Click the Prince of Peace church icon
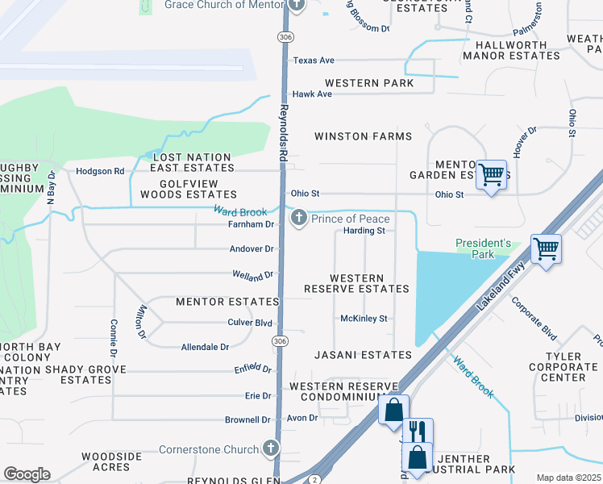[299, 219]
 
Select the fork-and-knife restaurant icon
[417, 431]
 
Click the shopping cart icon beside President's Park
[546, 248]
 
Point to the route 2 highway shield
[313, 480]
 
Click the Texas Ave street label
[314, 60]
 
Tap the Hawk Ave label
[312, 94]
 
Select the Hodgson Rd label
[100, 171]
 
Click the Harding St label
[364, 231]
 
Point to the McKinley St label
[364, 319]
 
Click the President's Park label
[483, 248]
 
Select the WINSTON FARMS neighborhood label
[363, 136]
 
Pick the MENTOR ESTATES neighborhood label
[227, 302]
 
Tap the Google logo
[27, 474]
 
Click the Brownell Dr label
[247, 420]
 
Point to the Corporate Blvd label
[534, 319]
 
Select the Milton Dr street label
[141, 322]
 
